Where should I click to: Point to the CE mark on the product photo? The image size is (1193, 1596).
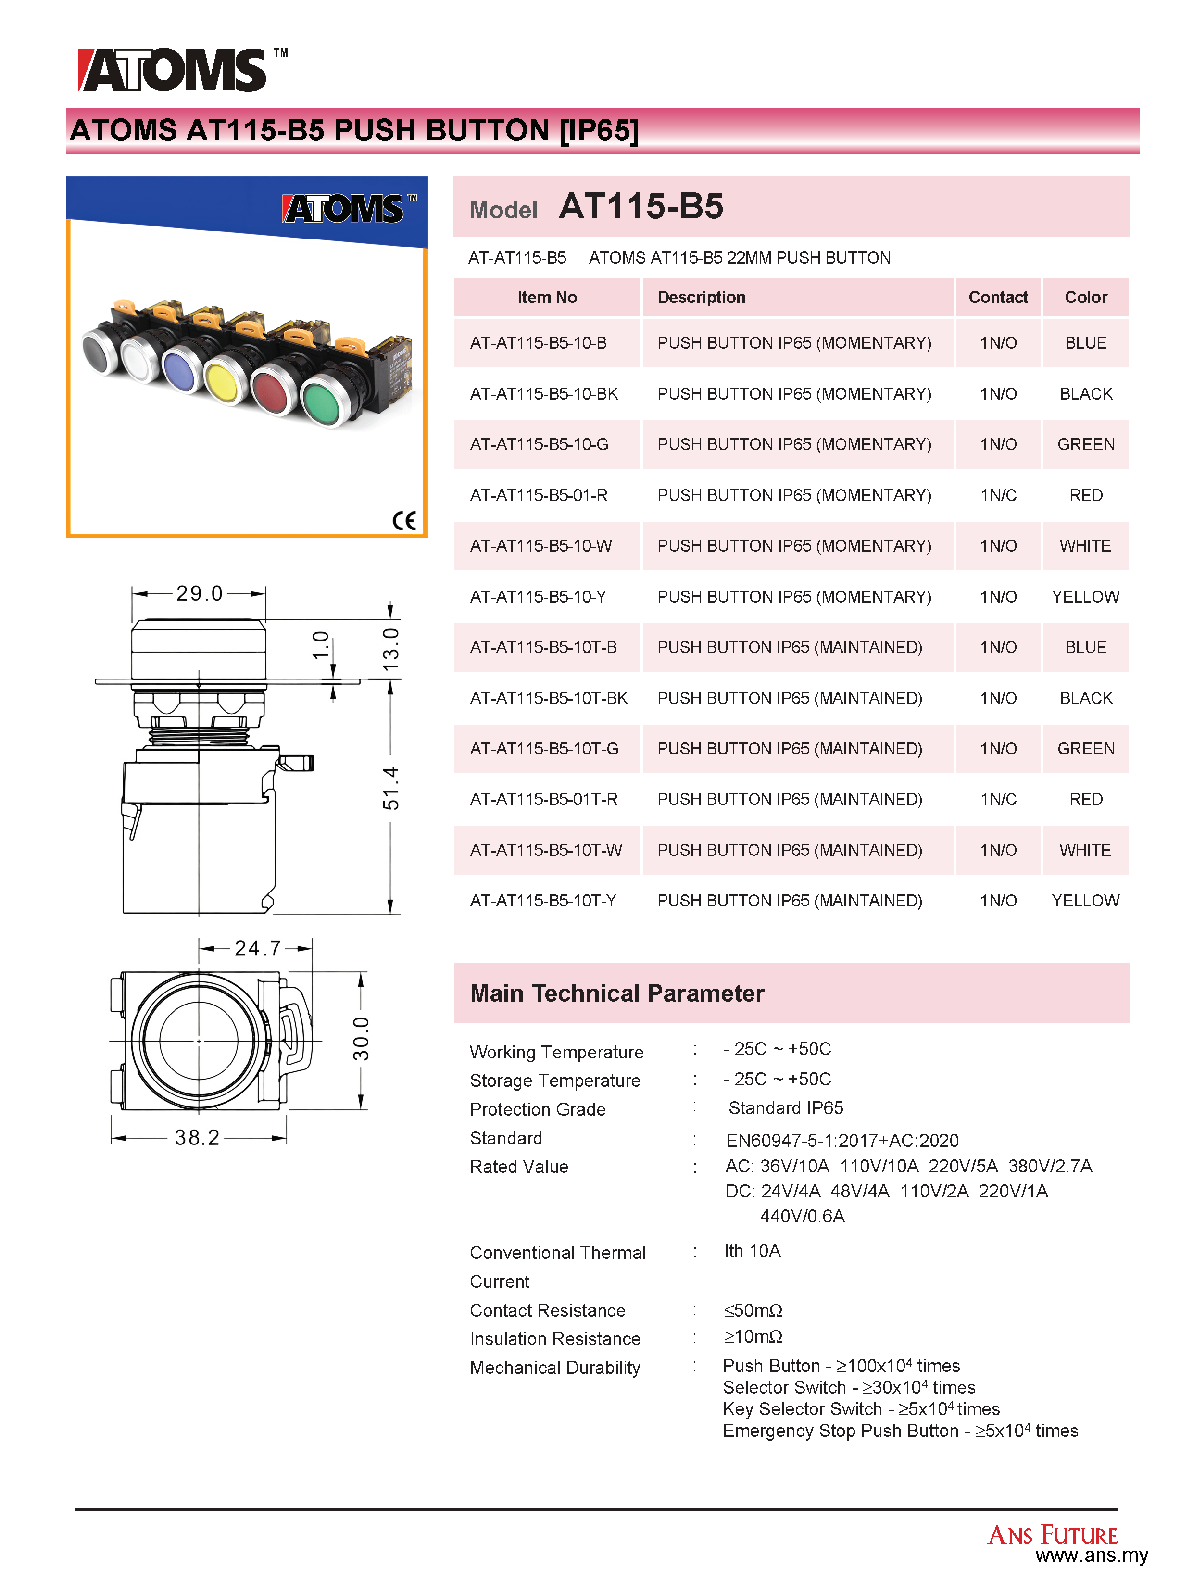click(x=404, y=520)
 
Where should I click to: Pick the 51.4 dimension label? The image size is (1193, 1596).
click(x=390, y=788)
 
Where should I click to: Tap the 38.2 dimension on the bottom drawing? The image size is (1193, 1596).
click(x=197, y=1138)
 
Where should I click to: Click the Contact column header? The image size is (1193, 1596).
click(x=997, y=297)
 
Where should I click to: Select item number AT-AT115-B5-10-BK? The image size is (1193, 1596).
click(x=544, y=394)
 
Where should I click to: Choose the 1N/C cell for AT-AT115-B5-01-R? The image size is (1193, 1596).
click(x=997, y=496)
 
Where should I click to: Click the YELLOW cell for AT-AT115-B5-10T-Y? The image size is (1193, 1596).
click(x=1085, y=901)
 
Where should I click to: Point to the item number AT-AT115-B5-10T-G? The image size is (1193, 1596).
click(x=544, y=749)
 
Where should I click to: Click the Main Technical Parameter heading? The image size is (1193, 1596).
click(x=616, y=993)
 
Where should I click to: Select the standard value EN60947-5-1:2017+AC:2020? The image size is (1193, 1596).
click(x=841, y=1141)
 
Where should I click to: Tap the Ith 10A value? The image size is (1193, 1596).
click(x=752, y=1251)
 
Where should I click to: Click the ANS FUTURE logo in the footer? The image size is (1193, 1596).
click(x=1052, y=1534)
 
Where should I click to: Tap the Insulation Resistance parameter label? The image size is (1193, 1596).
click(x=555, y=1339)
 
